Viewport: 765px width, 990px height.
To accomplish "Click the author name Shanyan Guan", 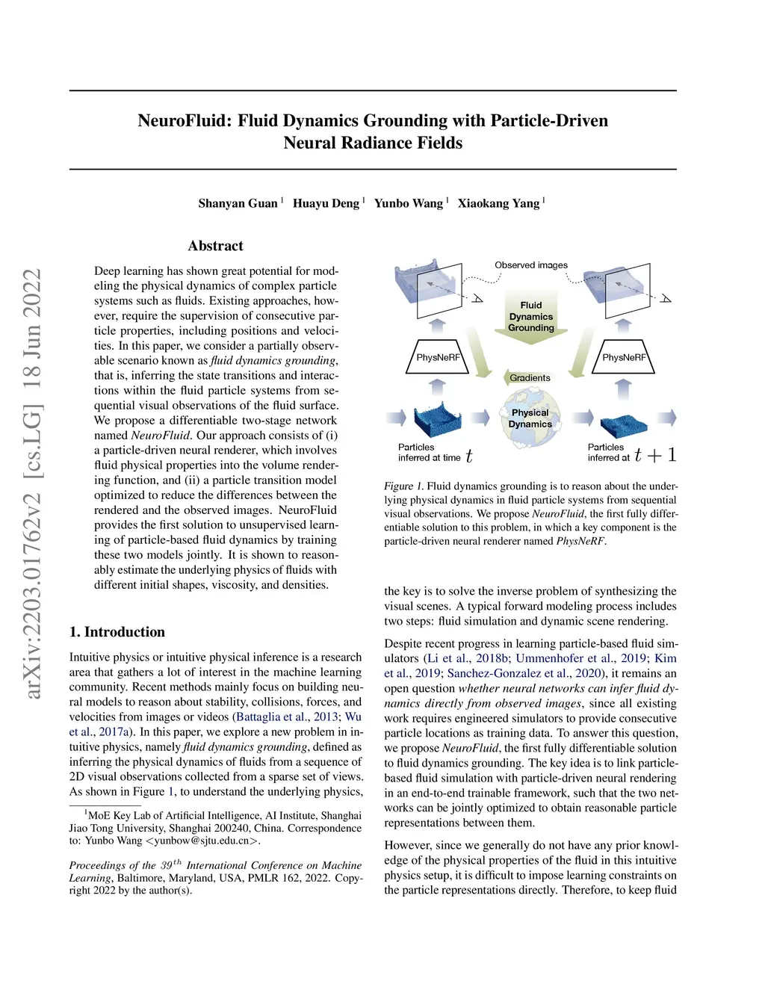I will point(238,203).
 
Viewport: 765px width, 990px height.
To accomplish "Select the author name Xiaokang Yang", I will point(498,203).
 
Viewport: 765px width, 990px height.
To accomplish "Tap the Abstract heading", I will point(215,246).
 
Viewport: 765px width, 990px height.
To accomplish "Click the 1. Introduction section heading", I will point(117,632).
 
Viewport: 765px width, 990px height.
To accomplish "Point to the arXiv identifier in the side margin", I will point(32,484).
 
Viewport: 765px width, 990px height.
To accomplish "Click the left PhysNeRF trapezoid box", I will point(438,357).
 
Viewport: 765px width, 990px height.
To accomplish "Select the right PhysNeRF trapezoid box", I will point(624,357).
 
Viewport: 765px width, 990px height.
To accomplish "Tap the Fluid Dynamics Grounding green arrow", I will point(531,317).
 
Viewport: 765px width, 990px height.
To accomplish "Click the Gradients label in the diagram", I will point(530,378).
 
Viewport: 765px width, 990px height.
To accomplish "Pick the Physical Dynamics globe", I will point(530,419).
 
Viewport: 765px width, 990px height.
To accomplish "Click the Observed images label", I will point(530,265).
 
